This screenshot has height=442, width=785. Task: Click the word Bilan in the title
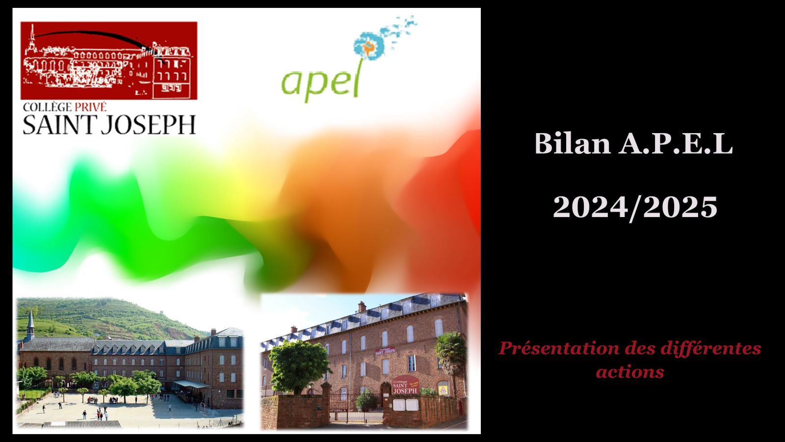(572, 143)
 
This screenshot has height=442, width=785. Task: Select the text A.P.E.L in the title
(676, 143)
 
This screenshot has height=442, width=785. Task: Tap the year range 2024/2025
(635, 208)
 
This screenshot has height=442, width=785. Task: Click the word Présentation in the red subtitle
(559, 348)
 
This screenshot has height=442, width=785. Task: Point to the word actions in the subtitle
(630, 372)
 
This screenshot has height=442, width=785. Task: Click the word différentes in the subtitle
(711, 349)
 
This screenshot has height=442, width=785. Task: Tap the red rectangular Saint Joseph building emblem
(109, 61)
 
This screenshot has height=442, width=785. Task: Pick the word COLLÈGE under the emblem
(48, 108)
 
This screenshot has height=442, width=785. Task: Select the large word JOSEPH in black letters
(148, 125)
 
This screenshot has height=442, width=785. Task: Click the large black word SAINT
(60, 125)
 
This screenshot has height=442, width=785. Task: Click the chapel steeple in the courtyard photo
(30, 325)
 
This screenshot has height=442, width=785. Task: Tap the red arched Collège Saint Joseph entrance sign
(405, 385)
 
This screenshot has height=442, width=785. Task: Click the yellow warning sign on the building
(444, 390)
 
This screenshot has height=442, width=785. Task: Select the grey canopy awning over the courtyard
(191, 384)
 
